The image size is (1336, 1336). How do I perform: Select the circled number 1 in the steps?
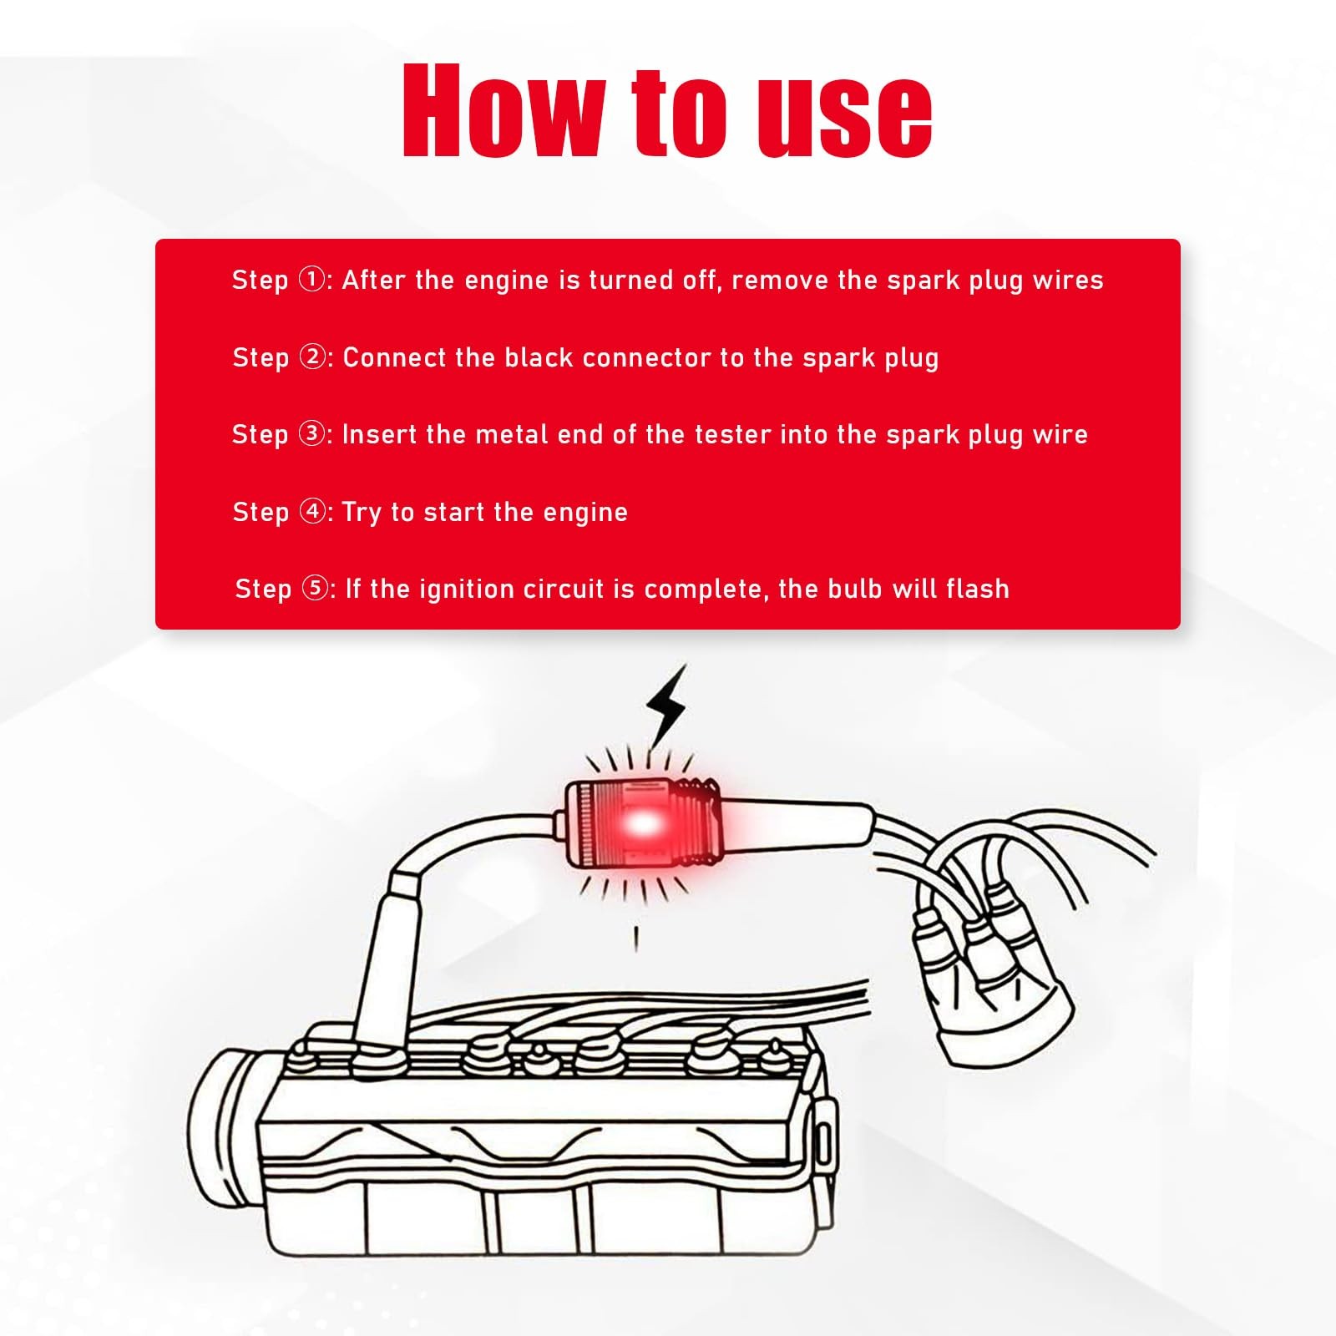click(312, 279)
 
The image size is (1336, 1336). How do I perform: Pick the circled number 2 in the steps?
click(313, 357)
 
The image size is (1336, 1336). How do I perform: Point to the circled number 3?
click(312, 433)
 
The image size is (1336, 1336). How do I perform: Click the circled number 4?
click(313, 511)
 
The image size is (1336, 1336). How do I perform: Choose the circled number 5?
click(315, 588)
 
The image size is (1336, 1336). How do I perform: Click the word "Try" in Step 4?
click(362, 513)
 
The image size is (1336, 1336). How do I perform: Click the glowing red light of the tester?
click(641, 824)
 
